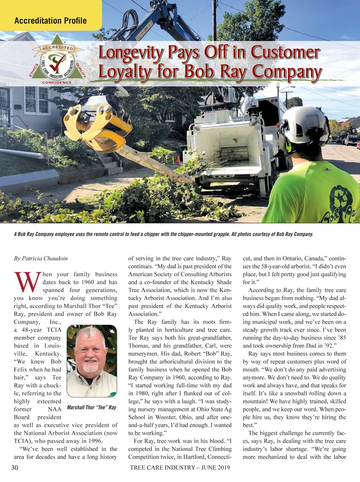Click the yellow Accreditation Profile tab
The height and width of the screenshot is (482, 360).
pyautogui.click(x=50, y=20)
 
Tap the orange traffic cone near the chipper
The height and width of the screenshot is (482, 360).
pyautogui.click(x=179, y=160)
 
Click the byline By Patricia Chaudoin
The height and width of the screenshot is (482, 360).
pyautogui.click(x=41, y=258)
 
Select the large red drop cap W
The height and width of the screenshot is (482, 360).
pyautogui.click(x=28, y=282)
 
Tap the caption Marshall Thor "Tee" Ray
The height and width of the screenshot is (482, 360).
pyautogui.click(x=91, y=407)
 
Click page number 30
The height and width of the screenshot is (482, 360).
pyautogui.click(x=15, y=468)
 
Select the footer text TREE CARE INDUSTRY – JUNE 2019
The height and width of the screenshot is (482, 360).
pyautogui.click(x=180, y=468)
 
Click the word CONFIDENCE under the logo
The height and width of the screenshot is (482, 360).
pyautogui.click(x=57, y=83)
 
